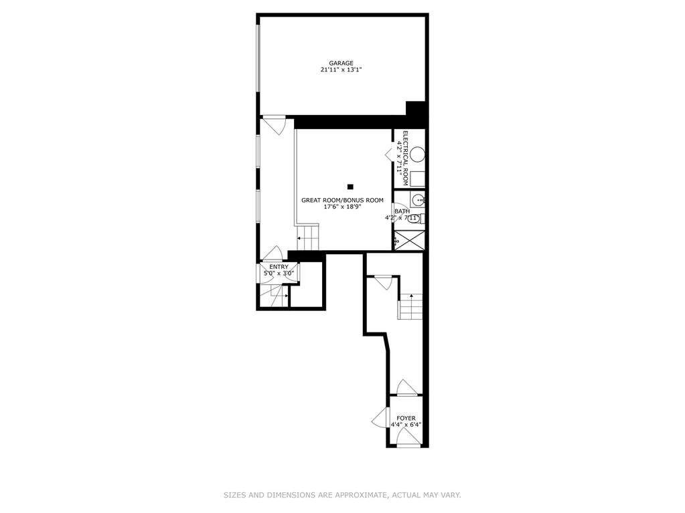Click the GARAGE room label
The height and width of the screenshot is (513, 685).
pyautogui.click(x=341, y=64)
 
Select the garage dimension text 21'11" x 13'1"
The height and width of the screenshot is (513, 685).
pyautogui.click(x=341, y=70)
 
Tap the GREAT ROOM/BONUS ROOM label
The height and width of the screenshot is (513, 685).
pyautogui.click(x=343, y=200)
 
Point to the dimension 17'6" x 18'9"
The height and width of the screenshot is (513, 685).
pyautogui.click(x=343, y=207)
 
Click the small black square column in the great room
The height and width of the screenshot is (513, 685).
pyautogui.click(x=350, y=187)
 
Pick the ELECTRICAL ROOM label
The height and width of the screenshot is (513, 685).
pyautogui.click(x=405, y=158)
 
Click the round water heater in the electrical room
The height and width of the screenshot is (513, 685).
pyautogui.click(x=418, y=155)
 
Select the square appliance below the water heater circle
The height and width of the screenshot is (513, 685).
pyautogui.click(x=418, y=179)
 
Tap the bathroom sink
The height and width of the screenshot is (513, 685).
pyautogui.click(x=418, y=200)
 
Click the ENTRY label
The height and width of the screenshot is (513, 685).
pyautogui.click(x=279, y=267)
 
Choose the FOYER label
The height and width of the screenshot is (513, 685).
pyautogui.click(x=406, y=418)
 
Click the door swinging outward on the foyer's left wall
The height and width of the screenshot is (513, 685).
pyautogui.click(x=381, y=417)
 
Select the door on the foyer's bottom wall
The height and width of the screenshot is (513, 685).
pyautogui.click(x=409, y=437)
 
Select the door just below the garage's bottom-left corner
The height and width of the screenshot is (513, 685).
pyautogui.click(x=274, y=124)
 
